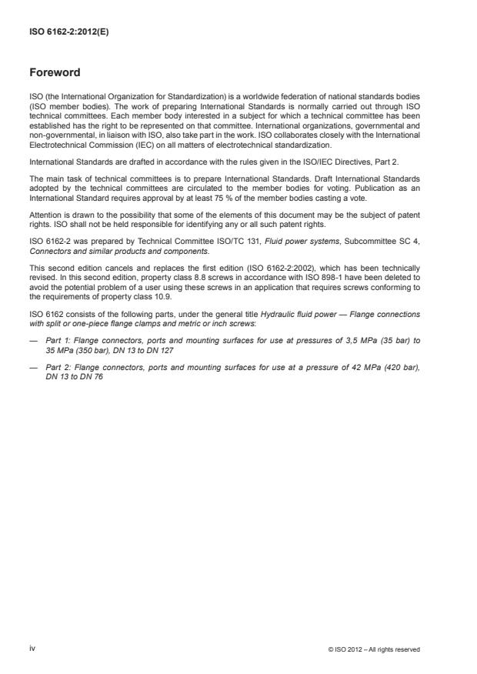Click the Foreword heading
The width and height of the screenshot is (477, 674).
click(55, 74)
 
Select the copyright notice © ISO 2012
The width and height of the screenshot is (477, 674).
click(374, 649)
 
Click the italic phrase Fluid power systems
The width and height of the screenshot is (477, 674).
click(282, 242)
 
